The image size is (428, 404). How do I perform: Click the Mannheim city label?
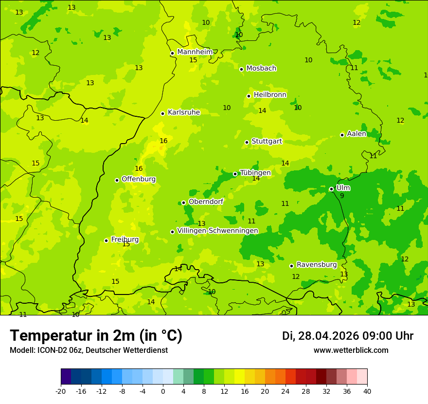click(195, 52)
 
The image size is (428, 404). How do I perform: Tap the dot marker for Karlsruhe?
click(163, 113)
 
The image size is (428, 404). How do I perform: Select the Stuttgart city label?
click(267, 142)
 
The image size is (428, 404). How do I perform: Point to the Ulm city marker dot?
click(332, 189)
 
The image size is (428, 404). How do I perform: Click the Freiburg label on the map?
click(125, 239)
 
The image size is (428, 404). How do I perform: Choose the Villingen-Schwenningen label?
click(217, 231)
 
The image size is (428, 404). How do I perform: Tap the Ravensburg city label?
click(317, 265)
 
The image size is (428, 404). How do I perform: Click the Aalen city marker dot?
click(342, 135)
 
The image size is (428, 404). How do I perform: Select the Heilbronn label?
click(270, 95)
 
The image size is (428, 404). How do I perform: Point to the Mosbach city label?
click(261, 69)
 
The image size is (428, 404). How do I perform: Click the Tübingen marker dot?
click(235, 174)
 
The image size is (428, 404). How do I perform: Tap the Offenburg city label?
click(139, 179)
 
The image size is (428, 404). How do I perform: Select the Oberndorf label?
click(206, 202)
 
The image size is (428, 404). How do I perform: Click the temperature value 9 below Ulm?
click(342, 196)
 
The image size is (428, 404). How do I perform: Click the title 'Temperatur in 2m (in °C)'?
click(96, 335)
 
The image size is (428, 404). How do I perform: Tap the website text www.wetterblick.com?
click(351, 350)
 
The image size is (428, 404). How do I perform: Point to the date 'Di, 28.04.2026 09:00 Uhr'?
click(347, 336)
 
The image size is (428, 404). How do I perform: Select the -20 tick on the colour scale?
click(61, 391)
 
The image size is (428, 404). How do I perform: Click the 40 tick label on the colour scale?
click(367, 391)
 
